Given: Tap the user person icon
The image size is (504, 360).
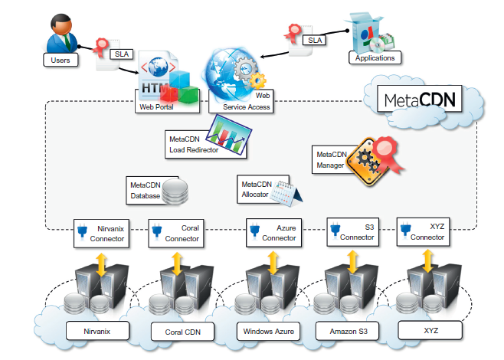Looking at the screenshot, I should tap(64, 32).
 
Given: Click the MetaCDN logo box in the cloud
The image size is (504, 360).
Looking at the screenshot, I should tap(421, 100).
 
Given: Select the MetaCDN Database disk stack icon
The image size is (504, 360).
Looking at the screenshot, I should tap(175, 192).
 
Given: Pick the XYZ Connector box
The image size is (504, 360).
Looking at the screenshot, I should tap(421, 231).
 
